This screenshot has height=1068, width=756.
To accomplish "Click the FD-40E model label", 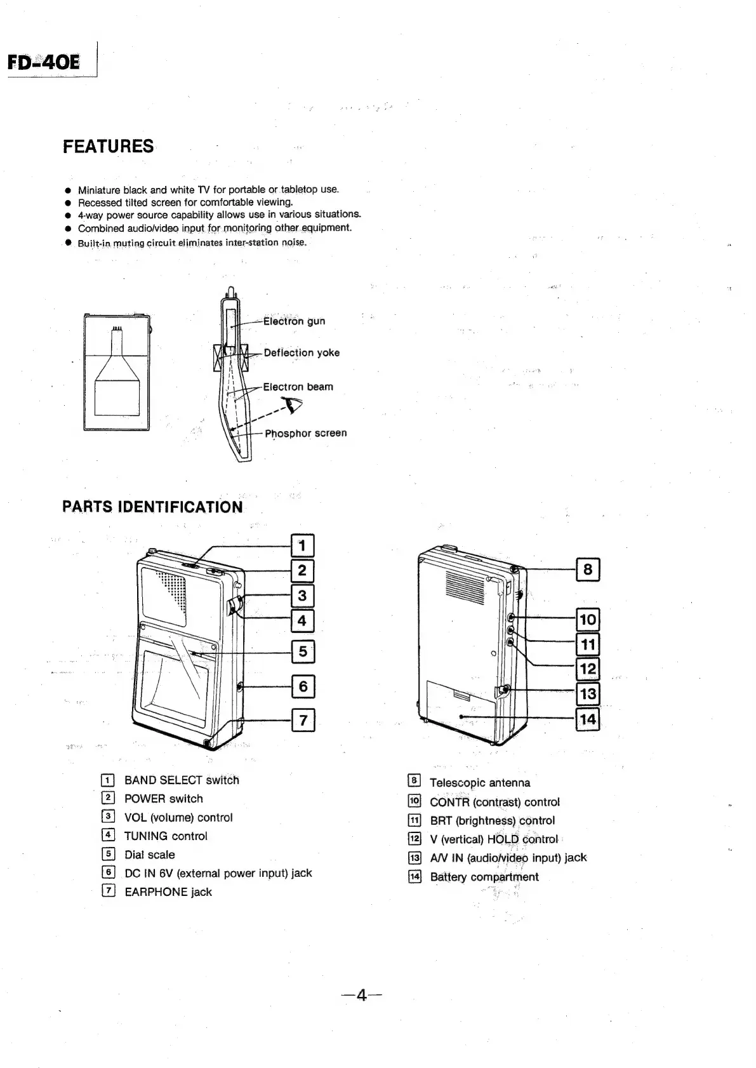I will pyautogui.click(x=44, y=62).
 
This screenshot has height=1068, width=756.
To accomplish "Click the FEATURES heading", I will pyautogui.click(x=108, y=147).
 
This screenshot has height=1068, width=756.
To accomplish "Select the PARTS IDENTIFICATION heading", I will pyautogui.click(x=152, y=507).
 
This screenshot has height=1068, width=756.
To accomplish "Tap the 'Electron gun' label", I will pyautogui.click(x=294, y=321).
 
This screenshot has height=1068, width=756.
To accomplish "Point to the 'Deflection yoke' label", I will pyautogui.click(x=302, y=353).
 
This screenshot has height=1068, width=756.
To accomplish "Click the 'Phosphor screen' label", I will pyautogui.click(x=305, y=433).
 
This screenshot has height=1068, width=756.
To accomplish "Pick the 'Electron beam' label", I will pyautogui.click(x=298, y=387).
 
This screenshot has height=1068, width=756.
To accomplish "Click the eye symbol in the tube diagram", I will pyautogui.click(x=293, y=406).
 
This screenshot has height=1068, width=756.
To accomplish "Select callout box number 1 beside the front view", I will pyautogui.click(x=302, y=545).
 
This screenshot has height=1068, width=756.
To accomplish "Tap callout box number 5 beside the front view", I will pyautogui.click(x=303, y=651).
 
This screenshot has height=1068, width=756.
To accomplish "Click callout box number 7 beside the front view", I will pyautogui.click(x=303, y=720).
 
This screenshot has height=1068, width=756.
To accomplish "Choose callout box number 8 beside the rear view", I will pyautogui.click(x=588, y=570).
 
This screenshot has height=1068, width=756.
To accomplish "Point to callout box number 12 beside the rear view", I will pyautogui.click(x=588, y=669).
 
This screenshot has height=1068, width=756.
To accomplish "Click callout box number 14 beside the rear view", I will pyautogui.click(x=588, y=719).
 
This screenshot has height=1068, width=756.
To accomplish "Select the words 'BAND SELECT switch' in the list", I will pyautogui.click(x=182, y=780).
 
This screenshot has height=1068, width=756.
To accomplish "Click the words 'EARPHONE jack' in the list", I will pyautogui.click(x=168, y=892).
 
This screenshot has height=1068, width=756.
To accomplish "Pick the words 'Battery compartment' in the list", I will pyautogui.click(x=484, y=877).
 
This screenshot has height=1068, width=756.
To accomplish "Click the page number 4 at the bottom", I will pyautogui.click(x=361, y=996).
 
